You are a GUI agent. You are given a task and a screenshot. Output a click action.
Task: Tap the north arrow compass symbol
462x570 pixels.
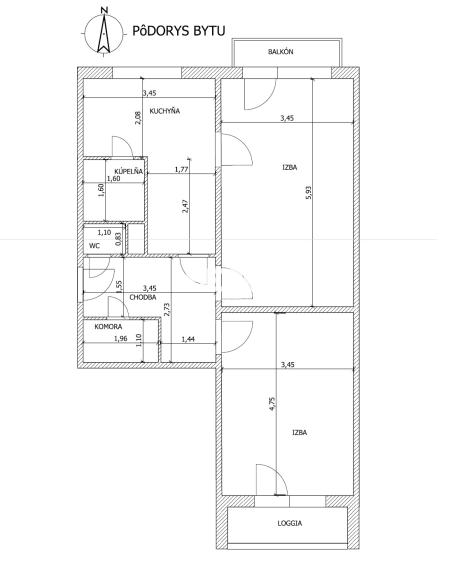point(101,30)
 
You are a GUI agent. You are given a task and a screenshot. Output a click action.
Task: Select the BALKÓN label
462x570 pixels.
point(280,51)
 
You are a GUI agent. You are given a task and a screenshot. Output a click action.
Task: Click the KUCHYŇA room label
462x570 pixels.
point(164,110)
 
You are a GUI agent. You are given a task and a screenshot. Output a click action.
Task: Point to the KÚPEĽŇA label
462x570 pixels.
point(130,171)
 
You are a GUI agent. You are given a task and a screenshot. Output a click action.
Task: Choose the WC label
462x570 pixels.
point(95,244)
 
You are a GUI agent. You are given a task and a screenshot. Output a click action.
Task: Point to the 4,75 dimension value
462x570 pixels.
point(271,405)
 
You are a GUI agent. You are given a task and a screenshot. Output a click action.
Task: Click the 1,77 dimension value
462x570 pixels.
point(181,169)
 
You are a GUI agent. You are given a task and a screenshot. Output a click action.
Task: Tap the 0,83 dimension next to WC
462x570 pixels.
point(118,238)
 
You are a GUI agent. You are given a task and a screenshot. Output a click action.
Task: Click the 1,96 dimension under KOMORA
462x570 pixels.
point(120,339)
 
